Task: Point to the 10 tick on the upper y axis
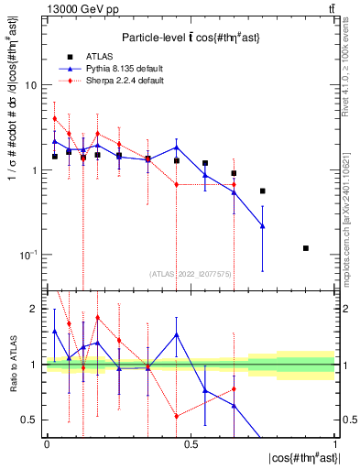coord(31,85)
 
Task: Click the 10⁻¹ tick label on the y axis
coord(27,255)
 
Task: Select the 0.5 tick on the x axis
coord(191,443)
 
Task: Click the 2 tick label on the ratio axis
coord(33,309)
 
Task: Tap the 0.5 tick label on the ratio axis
coord(29,420)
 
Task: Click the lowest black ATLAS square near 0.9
coord(306,248)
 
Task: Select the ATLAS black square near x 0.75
coord(263,191)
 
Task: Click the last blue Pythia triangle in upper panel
coord(263,226)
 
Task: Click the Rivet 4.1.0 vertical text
coord(345,71)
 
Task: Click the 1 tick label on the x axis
coord(334,443)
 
